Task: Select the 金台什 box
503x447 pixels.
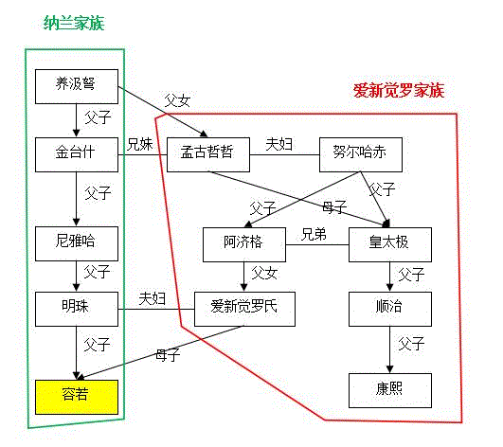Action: click(x=77, y=152)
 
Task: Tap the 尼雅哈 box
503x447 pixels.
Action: click(x=77, y=243)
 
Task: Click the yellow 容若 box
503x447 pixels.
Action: click(x=77, y=395)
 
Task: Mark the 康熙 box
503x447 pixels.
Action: click(x=390, y=389)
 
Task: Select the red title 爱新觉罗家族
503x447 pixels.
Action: click(x=398, y=91)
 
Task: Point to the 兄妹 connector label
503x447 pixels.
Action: click(x=141, y=144)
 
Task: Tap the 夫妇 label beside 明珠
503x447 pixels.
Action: click(x=153, y=298)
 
